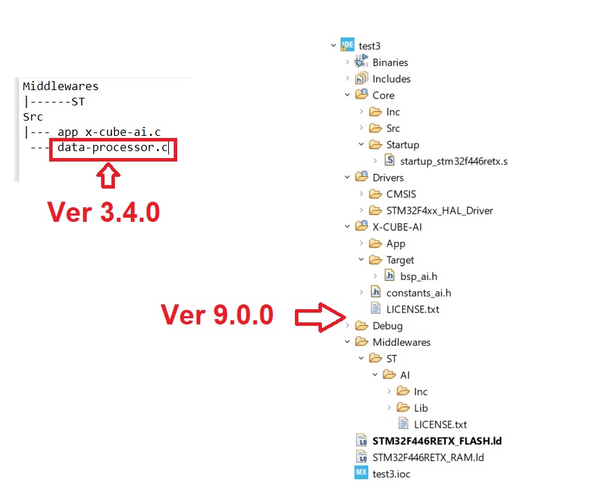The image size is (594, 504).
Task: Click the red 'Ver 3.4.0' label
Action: coord(103,211)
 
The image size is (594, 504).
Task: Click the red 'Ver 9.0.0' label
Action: coord(217,315)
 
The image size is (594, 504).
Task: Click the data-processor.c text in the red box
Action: coord(112,147)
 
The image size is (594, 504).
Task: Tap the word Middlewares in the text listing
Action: coord(61,87)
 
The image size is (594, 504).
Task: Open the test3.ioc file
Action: coord(390,474)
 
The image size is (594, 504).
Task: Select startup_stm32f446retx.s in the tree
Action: coord(454,162)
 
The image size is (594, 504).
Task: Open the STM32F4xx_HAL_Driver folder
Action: coord(439,210)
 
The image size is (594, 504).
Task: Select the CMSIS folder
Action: coord(401,194)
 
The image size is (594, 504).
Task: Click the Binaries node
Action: coord(390,62)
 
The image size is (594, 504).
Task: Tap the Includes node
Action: coord(391,79)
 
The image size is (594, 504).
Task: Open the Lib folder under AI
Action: coord(420,408)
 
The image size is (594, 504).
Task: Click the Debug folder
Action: coord(387,326)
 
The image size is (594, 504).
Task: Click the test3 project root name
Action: coord(370,46)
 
